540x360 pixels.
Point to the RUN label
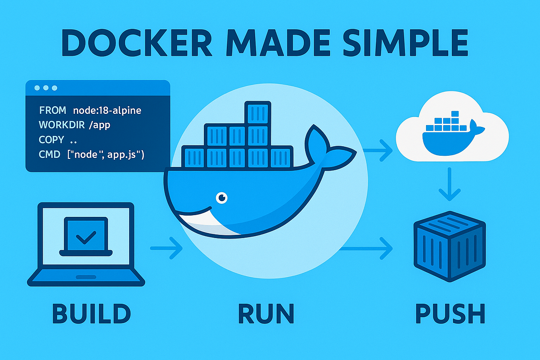[266, 314]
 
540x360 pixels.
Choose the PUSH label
[450, 314]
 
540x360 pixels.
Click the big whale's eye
[221, 197]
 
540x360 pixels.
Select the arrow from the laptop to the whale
[166, 247]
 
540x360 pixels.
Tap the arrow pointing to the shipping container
[367, 247]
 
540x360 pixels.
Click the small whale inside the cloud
[450, 135]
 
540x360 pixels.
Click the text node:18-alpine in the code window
[109, 110]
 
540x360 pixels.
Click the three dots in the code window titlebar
[46, 88]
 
